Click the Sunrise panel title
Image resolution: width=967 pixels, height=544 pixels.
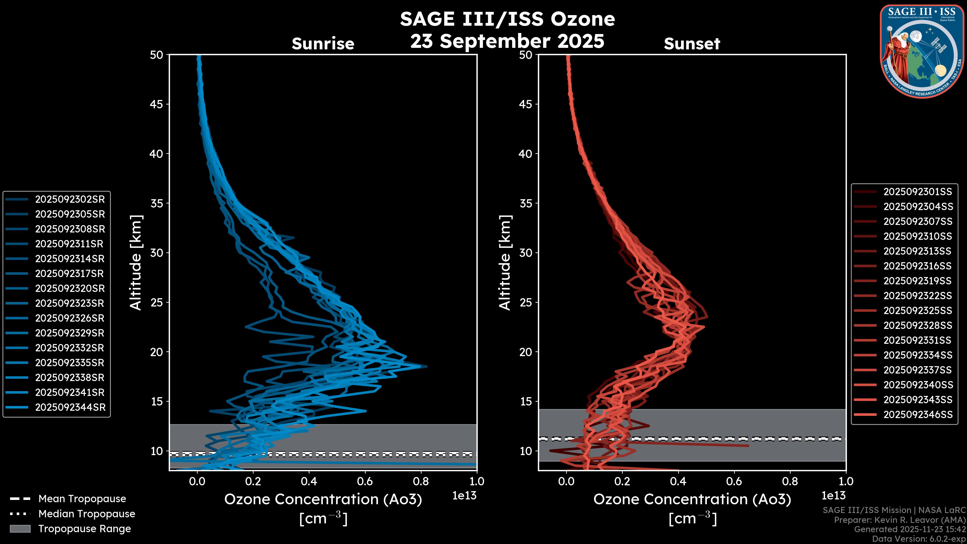(x=323, y=44)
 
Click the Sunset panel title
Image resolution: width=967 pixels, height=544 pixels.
(x=692, y=44)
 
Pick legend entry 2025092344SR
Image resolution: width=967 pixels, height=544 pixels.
(x=70, y=407)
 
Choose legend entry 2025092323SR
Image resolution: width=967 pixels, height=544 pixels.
(x=70, y=303)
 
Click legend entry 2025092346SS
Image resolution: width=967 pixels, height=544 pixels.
(x=918, y=415)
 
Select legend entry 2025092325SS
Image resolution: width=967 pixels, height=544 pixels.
(x=917, y=311)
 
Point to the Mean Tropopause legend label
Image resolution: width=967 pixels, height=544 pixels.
(x=82, y=499)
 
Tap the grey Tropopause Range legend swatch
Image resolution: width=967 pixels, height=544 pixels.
(x=20, y=529)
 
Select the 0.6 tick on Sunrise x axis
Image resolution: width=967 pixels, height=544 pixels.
(x=365, y=481)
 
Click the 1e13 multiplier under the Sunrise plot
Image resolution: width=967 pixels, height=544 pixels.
(x=464, y=496)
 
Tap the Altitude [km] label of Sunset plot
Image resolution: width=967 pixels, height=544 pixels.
(x=505, y=263)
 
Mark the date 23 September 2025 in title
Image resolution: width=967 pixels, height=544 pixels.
(x=507, y=41)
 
